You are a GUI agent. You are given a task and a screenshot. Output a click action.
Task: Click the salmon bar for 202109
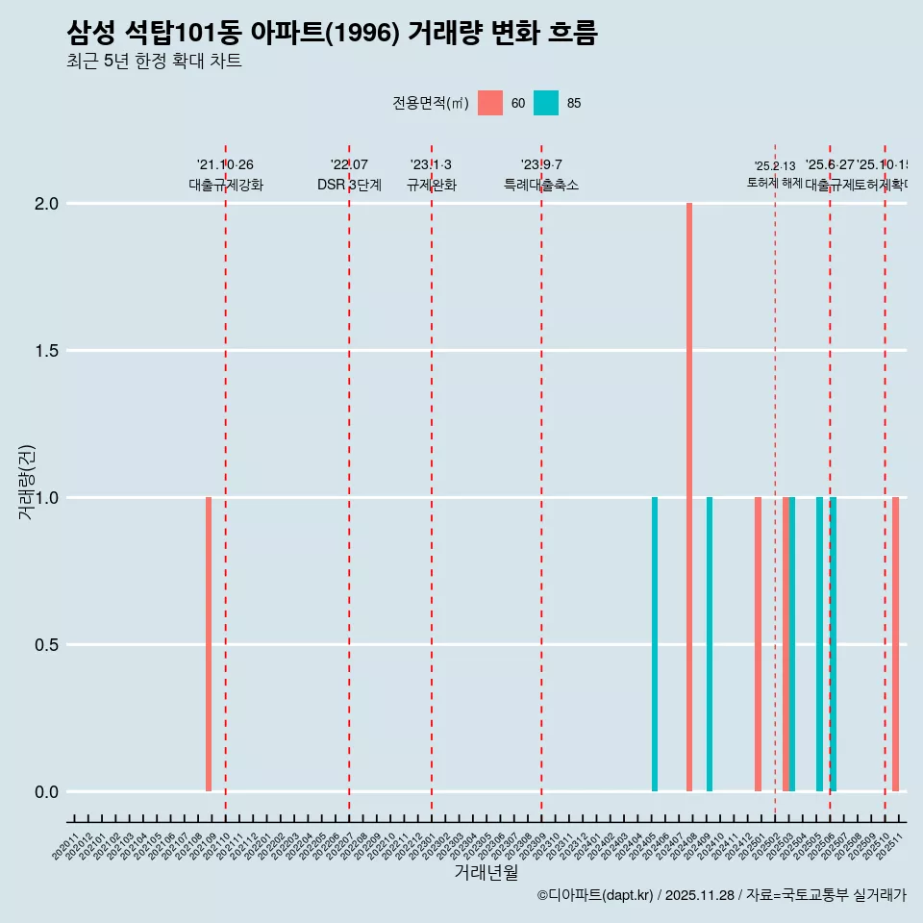pyautogui.click(x=209, y=644)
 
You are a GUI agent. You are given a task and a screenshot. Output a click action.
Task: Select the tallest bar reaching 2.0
pyautogui.click(x=689, y=497)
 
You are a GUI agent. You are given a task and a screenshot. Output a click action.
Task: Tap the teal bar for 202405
pyautogui.click(x=655, y=644)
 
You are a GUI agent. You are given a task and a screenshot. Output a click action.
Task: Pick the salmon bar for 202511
pyautogui.click(x=895, y=644)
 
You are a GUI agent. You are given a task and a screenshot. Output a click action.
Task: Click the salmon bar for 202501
pyautogui.click(x=758, y=644)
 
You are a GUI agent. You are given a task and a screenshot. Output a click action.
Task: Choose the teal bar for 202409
pyautogui.click(x=710, y=644)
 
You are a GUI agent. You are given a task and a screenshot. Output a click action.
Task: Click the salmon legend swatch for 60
pyautogui.click(x=490, y=103)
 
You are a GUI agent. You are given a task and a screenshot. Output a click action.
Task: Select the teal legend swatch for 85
pyautogui.click(x=546, y=103)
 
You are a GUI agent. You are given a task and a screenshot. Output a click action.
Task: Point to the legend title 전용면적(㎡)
pyautogui.click(x=430, y=103)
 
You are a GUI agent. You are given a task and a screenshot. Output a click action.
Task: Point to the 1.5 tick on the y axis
pyautogui.click(x=46, y=351)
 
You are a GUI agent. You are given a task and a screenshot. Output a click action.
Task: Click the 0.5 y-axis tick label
pyautogui.click(x=46, y=645)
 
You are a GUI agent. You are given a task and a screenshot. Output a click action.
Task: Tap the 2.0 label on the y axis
pyautogui.click(x=46, y=204)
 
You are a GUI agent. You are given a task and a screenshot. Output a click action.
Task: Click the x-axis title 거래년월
pyautogui.click(x=486, y=873)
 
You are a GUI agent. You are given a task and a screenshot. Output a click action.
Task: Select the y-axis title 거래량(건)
pyautogui.click(x=27, y=482)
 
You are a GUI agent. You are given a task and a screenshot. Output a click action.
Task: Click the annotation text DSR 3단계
pyautogui.click(x=349, y=186)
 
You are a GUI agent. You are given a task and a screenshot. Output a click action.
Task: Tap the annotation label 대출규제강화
pyautogui.click(x=225, y=186)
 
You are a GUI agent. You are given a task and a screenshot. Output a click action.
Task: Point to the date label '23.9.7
pyautogui.click(x=541, y=165)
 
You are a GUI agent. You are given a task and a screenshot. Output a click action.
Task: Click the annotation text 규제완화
pyautogui.click(x=431, y=186)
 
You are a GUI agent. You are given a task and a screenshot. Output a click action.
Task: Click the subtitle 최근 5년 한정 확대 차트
pyautogui.click(x=154, y=62)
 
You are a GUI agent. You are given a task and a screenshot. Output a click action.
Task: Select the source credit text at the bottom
pyautogui.click(x=721, y=895)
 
